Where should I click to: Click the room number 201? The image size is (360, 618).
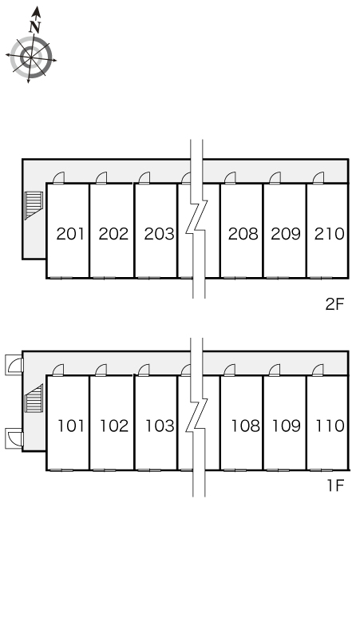click(70, 234)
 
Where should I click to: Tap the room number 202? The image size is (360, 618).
click(113, 234)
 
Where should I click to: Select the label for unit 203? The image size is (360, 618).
click(159, 234)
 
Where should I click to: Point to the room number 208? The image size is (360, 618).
click(243, 234)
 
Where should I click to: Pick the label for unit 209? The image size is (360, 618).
click(286, 234)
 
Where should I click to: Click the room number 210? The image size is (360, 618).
click(330, 234)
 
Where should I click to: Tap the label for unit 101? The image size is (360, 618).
click(71, 426)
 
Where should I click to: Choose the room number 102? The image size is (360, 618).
click(114, 426)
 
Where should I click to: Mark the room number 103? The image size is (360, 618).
click(160, 426)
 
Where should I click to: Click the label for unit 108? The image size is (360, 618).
click(245, 426)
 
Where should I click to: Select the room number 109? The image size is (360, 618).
click(287, 426)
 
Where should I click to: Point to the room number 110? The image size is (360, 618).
click(330, 426)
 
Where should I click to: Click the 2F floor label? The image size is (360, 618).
click(334, 304)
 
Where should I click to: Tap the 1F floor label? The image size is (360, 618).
click(336, 485)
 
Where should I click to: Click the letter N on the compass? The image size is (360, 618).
click(35, 27)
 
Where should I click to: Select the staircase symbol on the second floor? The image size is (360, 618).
click(34, 205)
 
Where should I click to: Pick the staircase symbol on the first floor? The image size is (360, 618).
click(34, 398)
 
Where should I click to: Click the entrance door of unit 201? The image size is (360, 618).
click(58, 178)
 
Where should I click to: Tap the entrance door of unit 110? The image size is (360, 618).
click(318, 370)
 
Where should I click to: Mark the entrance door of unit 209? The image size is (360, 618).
click(275, 178)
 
